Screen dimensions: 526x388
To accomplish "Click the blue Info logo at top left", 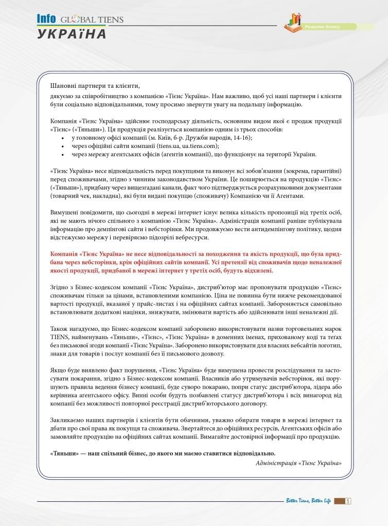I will point(46,19).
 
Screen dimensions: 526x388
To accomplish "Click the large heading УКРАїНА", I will point(71,34).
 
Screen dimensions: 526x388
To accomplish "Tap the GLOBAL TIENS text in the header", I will point(92,20).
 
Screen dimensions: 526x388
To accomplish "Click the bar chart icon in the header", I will point(293,21).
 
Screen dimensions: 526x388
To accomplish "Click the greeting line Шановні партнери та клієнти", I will point(95,85).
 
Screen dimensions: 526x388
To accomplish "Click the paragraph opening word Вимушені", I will point(65,212).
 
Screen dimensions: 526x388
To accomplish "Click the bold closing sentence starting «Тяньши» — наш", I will point(163,453).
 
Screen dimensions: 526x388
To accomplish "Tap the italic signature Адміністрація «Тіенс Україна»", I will point(298,462).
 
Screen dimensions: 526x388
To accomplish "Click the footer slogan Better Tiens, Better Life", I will point(308,501).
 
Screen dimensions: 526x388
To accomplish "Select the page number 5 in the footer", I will point(348,501).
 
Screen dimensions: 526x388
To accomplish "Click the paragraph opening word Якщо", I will point(58,370).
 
